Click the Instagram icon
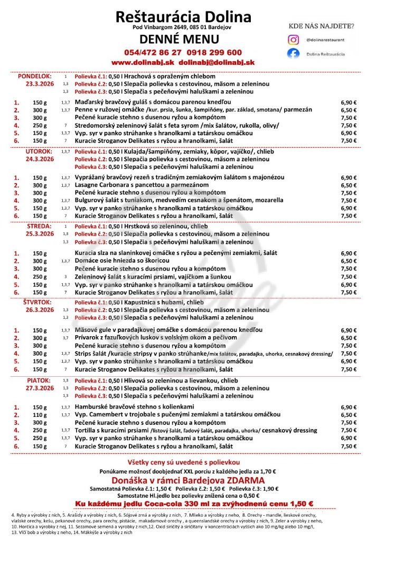(293, 40)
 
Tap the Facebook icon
(293, 54)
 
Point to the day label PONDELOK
(34, 76)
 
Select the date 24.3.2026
(40, 159)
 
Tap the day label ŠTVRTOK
(37, 302)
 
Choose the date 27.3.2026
(40, 388)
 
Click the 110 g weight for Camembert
(40, 415)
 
